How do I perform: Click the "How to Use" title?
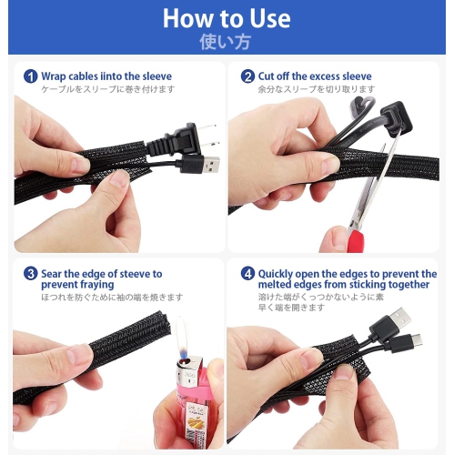227,18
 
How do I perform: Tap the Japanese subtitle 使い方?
225,42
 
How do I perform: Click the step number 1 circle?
30,76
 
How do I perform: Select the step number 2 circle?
247,76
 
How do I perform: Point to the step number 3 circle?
30,274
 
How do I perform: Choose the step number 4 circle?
247,274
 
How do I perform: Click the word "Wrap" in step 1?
54,76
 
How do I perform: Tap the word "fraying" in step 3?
97,285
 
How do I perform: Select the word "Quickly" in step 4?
276,274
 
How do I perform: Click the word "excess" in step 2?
325,76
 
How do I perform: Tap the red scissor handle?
355,241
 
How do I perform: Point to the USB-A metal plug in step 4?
400,318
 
